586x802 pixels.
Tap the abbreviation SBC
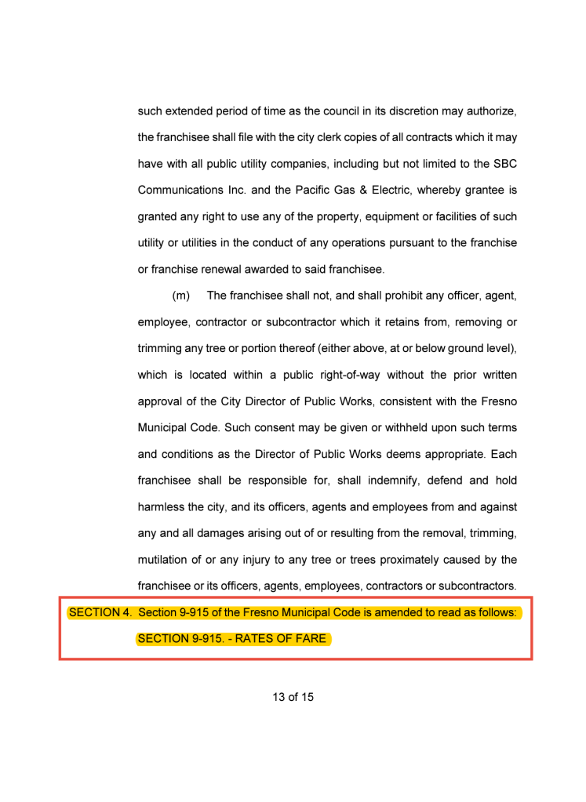tap(502, 164)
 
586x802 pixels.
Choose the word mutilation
tap(165, 559)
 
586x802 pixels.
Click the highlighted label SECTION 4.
tap(100, 612)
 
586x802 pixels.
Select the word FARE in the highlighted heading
tap(311, 638)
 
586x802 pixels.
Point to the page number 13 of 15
tap(293, 696)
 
